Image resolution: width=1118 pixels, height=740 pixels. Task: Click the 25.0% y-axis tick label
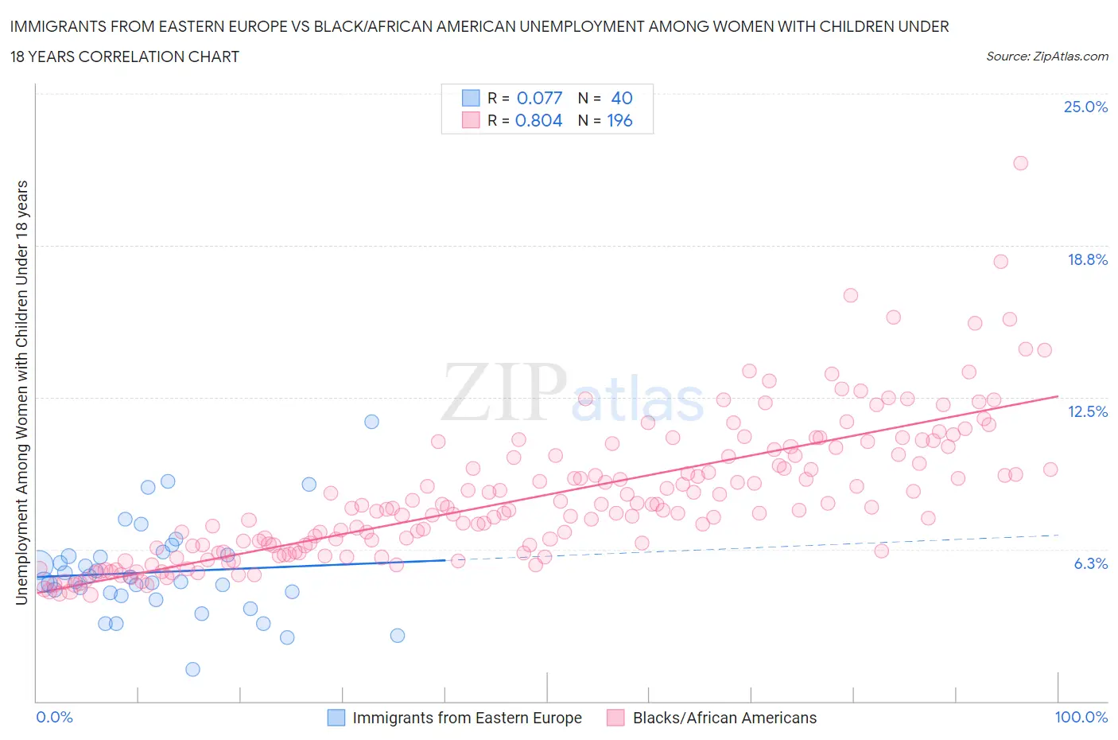pyautogui.click(x=1085, y=107)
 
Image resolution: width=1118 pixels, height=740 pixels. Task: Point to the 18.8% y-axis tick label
pyautogui.click(x=1087, y=259)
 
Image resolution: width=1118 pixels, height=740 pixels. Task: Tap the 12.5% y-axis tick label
pyautogui.click(x=1087, y=411)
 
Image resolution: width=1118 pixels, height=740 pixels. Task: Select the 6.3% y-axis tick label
pyautogui.click(x=1090, y=563)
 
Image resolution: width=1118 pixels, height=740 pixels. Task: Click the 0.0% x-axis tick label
pyautogui.click(x=54, y=717)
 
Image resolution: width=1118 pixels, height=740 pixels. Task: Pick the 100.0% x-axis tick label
pyautogui.click(x=1081, y=717)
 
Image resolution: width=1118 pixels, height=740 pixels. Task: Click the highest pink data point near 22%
pyautogui.click(x=1020, y=163)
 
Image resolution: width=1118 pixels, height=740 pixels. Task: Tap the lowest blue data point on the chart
pyautogui.click(x=192, y=669)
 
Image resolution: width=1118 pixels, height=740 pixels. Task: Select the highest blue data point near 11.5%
pyautogui.click(x=371, y=422)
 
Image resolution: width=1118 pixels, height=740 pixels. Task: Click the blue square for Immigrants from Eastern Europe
pyautogui.click(x=336, y=718)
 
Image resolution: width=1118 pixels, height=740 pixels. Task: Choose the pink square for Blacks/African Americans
pyautogui.click(x=615, y=718)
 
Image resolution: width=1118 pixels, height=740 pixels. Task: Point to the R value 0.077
pyautogui.click(x=539, y=98)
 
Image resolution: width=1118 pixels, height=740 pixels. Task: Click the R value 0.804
pyautogui.click(x=539, y=120)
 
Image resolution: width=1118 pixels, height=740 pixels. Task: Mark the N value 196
pyautogui.click(x=619, y=120)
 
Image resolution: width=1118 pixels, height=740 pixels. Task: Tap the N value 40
pyautogui.click(x=621, y=98)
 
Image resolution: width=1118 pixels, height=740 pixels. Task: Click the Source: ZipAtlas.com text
pyautogui.click(x=1046, y=56)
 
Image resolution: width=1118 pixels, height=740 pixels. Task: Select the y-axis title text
pyautogui.click(x=22, y=392)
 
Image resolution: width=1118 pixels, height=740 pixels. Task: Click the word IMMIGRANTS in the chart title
pyautogui.click(x=58, y=26)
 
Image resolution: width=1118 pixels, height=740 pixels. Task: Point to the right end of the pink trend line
pyautogui.click(x=1058, y=395)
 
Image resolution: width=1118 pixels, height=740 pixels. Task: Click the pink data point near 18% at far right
pyautogui.click(x=1000, y=262)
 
